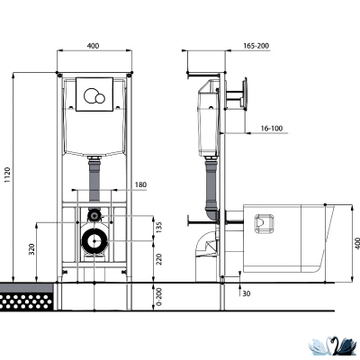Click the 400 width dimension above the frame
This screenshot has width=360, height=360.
coord(93,46)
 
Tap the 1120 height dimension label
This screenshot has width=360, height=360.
coord(7,175)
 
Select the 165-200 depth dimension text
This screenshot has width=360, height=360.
coord(256,46)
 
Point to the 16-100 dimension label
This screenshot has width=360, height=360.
coord(272,129)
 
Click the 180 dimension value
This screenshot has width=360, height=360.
coord(140,184)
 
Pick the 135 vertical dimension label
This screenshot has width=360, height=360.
coord(159,228)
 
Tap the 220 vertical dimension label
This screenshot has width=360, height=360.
coord(159,259)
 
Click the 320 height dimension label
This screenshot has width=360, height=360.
coord(31,249)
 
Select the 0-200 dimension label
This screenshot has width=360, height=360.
coord(159,297)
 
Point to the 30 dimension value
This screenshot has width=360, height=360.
coord(247,293)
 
